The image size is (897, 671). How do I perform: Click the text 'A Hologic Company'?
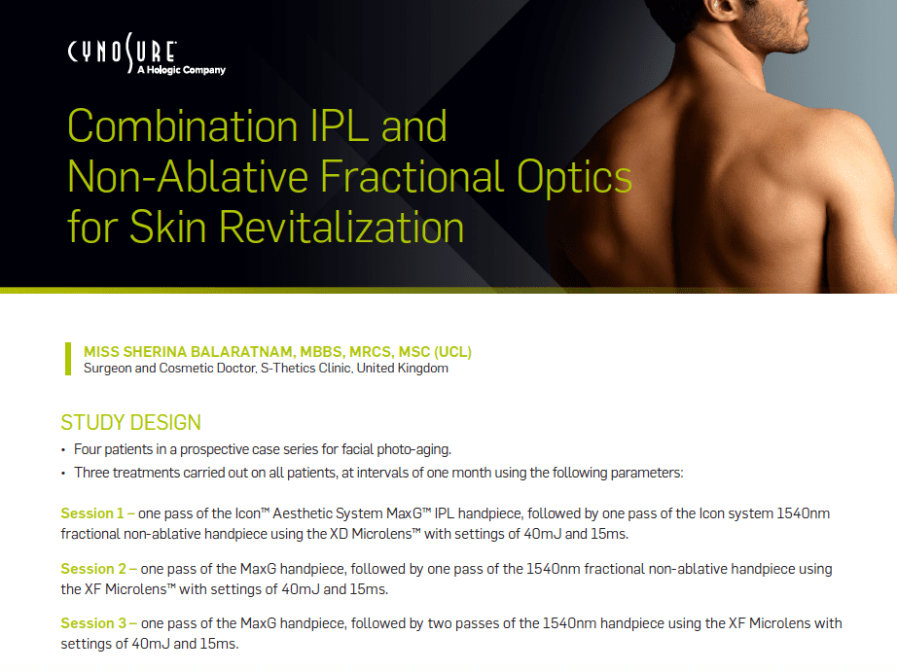[x=182, y=70]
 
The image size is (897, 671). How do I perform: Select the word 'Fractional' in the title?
[x=434, y=177]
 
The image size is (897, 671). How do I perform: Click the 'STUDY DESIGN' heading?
[x=131, y=423]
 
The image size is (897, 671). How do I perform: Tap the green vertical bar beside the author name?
[x=68, y=359]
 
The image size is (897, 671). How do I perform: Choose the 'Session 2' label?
[x=93, y=569]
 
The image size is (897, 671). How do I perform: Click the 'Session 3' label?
[x=93, y=623]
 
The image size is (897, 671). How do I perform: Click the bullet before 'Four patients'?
[x=63, y=449]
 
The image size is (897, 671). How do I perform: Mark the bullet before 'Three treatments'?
[x=63, y=473]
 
